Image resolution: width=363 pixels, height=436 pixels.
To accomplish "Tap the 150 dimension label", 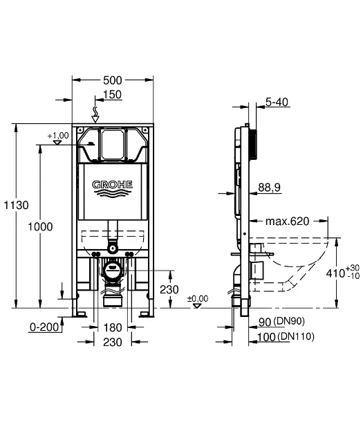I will pyautogui.click(x=112, y=94).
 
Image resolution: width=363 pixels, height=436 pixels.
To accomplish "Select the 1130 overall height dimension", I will pyautogui.click(x=15, y=205).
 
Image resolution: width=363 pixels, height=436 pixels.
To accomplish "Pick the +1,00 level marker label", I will pyautogui.click(x=58, y=136).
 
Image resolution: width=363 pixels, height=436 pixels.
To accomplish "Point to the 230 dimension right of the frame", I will pyautogui.click(x=169, y=289).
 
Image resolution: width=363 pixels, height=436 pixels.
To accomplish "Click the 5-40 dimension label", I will pyautogui.click(x=277, y=102).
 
